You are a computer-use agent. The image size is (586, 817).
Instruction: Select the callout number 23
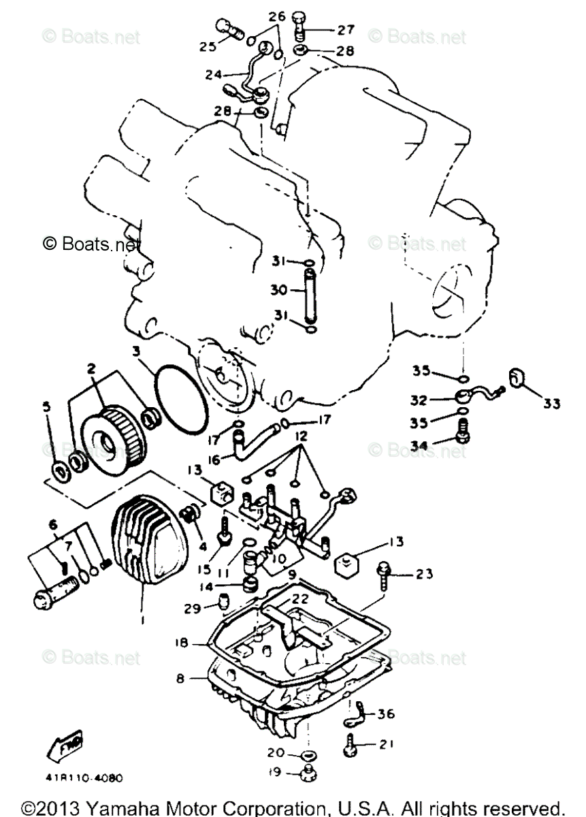(424, 574)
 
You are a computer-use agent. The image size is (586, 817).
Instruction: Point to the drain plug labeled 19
(308, 771)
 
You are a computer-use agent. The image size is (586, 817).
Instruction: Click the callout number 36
(385, 714)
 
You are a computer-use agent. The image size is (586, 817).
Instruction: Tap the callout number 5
(46, 407)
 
